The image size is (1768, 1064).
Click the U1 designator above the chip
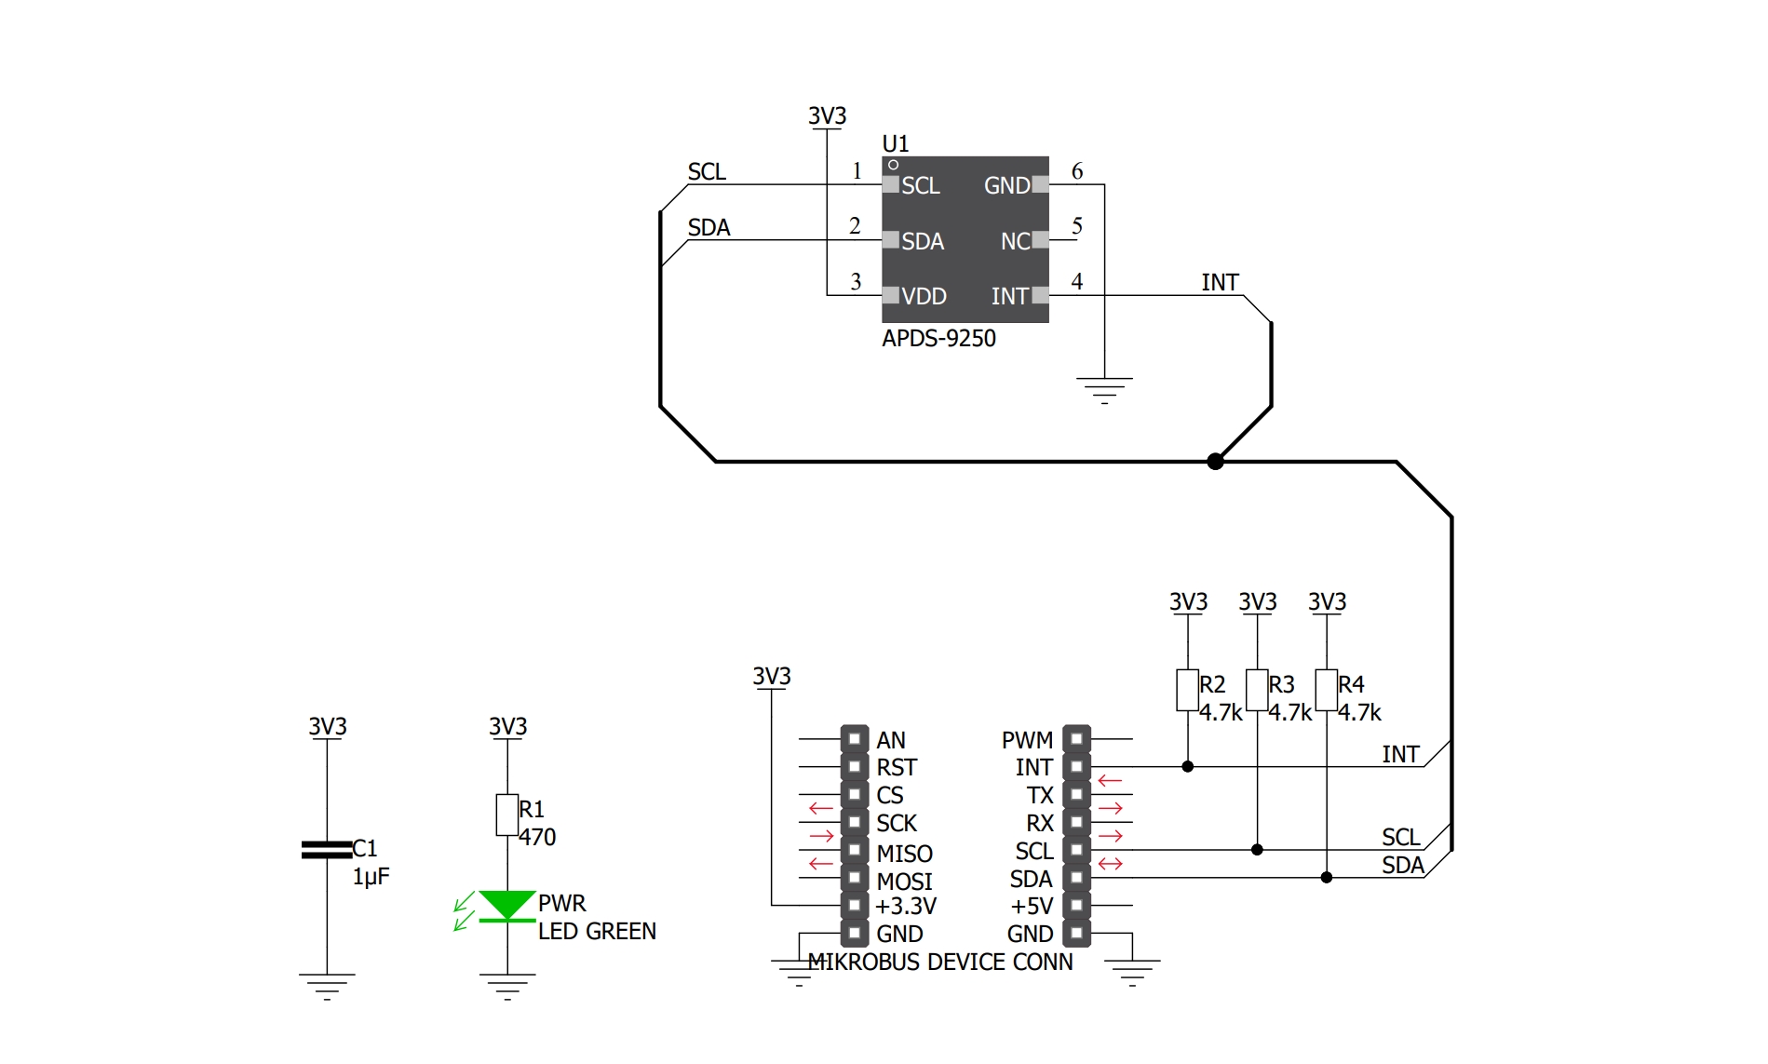pyautogui.click(x=895, y=143)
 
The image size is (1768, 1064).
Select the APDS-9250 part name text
pyautogui.click(x=938, y=338)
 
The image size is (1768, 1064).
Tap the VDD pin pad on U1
pyautogui.click(x=891, y=296)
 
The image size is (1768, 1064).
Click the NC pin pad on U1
pyautogui.click(x=1040, y=240)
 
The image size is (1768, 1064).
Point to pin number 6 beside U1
pyautogui.click(x=1077, y=171)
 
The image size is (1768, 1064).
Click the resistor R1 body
pyautogui.click(x=507, y=815)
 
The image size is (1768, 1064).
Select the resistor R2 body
pyautogui.click(x=1188, y=690)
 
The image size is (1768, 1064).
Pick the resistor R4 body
pyautogui.click(x=1327, y=690)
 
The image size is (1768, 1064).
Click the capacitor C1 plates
pyautogui.click(x=327, y=849)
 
